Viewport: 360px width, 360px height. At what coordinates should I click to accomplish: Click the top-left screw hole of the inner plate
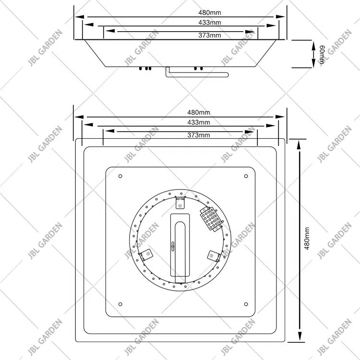coord(120,176)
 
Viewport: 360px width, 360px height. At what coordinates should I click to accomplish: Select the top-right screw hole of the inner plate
coord(246,176)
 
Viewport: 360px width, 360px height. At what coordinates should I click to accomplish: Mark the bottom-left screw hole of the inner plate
coord(120,303)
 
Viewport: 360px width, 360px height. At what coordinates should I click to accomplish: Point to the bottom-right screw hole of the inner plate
coord(246,303)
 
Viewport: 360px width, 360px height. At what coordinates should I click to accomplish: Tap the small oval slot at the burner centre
coord(173,246)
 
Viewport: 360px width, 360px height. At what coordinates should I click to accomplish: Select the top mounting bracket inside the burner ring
coord(180,205)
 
